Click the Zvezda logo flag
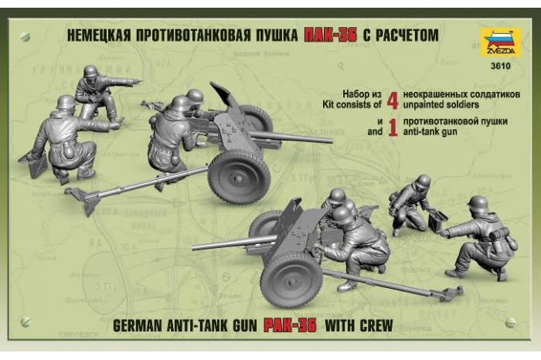coord(500,42)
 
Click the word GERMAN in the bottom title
coord(140,324)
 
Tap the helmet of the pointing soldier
coord(91,72)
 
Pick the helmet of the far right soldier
coord(477,204)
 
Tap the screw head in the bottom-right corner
coord(511,322)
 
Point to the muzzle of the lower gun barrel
coord(194,247)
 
